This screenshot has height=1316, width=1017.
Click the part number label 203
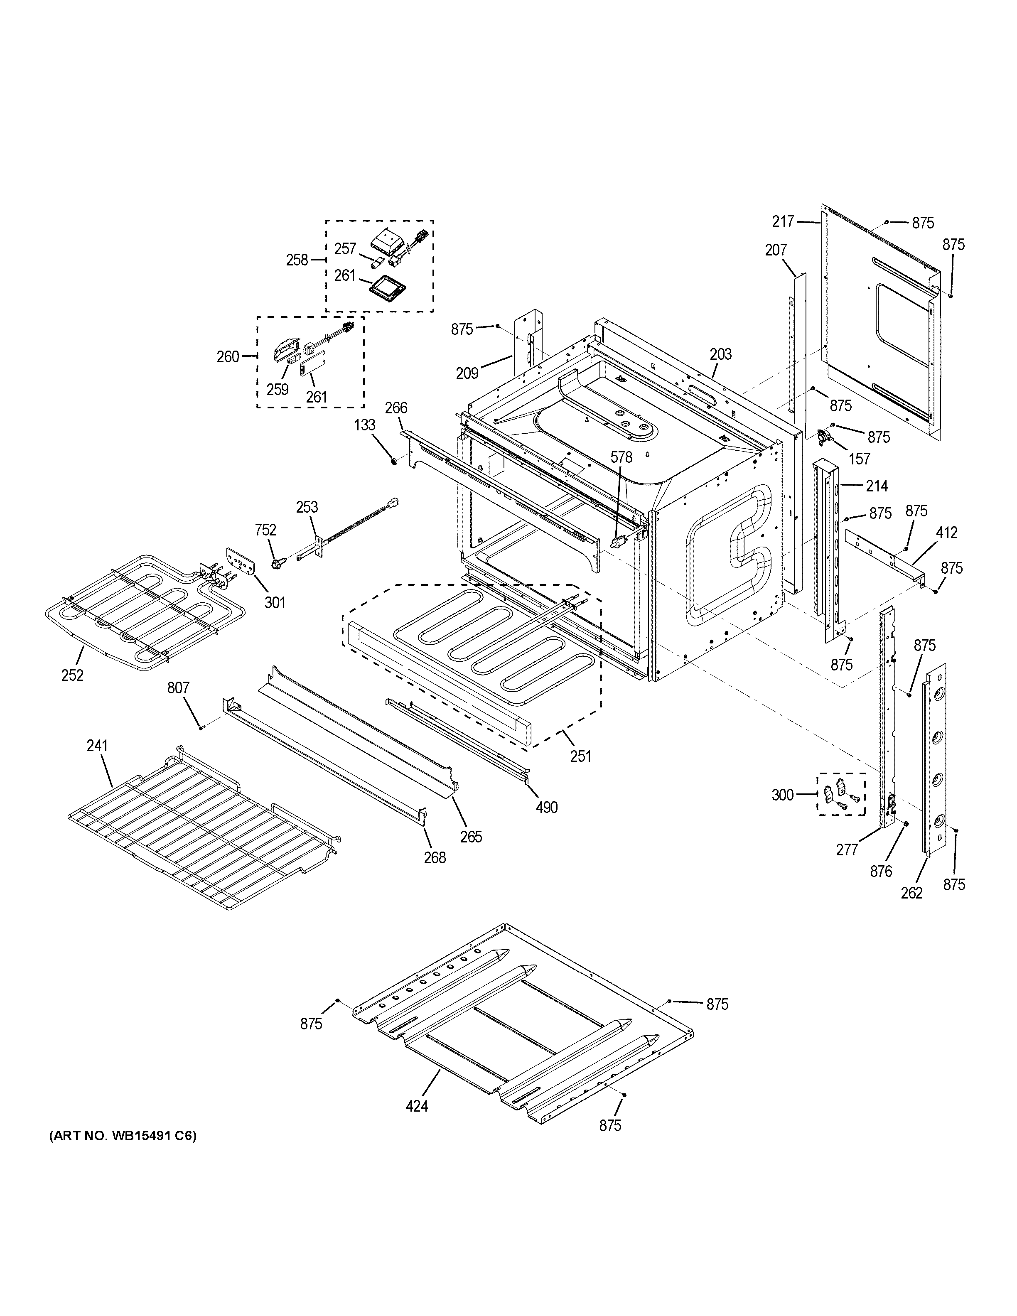coord(720,354)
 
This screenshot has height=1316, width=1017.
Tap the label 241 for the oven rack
coord(97,746)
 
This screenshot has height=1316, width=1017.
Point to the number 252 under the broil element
coord(72,675)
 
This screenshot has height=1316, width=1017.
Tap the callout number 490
coord(546,807)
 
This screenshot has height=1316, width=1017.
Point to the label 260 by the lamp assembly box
coord(228,357)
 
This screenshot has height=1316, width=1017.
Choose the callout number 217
coord(783,222)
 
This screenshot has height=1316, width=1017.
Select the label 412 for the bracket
coord(946,533)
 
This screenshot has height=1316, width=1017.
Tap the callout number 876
coord(881,871)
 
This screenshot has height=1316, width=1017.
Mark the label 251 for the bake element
coord(581,756)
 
